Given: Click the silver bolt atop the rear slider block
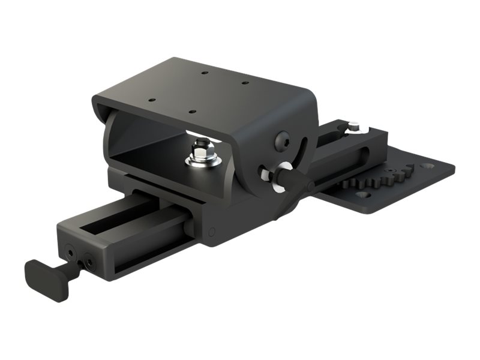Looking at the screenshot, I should point(353,127).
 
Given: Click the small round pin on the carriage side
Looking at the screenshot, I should point(211,231).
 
